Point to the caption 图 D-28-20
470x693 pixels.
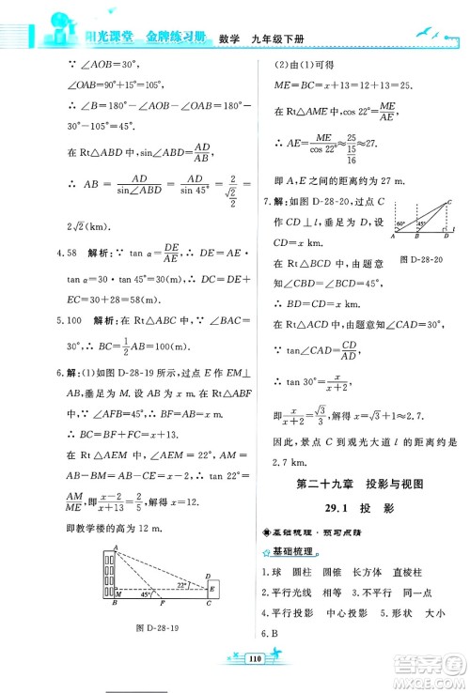pyautogui.click(x=421, y=257)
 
